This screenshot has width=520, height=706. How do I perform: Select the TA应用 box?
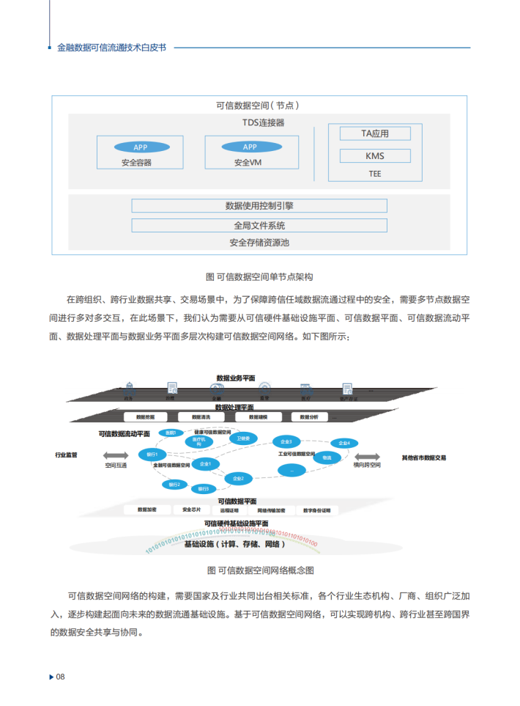374,133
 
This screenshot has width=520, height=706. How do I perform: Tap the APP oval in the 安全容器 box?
140,147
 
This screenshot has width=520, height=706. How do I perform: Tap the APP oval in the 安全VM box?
250,147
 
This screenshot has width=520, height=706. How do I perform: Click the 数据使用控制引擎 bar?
259,206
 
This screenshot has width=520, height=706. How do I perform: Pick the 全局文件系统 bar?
259,225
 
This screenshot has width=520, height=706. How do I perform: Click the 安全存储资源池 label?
259,243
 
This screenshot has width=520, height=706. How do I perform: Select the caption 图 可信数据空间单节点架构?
260,277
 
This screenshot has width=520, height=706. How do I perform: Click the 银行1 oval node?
152,455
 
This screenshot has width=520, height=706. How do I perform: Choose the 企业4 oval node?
344,444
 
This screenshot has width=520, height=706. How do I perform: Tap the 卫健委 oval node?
243,438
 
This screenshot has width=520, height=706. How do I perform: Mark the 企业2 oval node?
237,478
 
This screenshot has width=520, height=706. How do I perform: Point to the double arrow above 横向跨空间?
366,455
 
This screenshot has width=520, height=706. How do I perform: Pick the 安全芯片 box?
193,510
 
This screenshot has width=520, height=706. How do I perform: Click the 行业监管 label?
67,455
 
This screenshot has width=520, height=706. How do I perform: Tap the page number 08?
61,677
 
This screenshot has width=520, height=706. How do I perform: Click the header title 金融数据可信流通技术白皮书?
111,48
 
